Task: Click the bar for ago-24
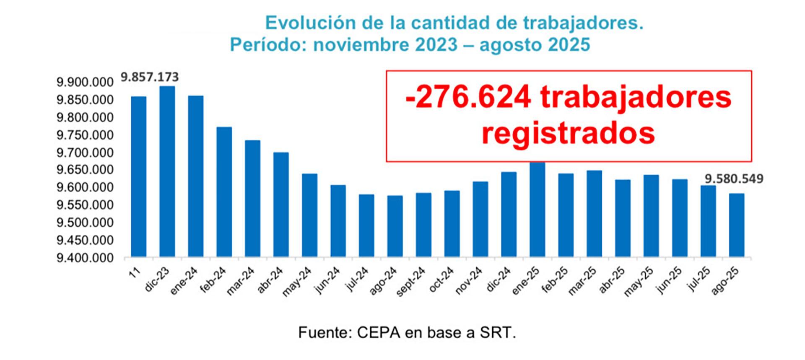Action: [395, 226]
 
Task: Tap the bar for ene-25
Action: [537, 209]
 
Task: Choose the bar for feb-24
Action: [224, 192]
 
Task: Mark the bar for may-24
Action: [309, 215]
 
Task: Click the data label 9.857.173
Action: [150, 77]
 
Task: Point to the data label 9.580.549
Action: [734, 179]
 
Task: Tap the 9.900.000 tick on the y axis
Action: [85, 82]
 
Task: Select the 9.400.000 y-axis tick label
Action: [85, 258]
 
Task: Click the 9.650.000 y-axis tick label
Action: [85, 170]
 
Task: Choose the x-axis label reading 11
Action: [135, 273]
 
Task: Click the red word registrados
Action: [568, 134]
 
